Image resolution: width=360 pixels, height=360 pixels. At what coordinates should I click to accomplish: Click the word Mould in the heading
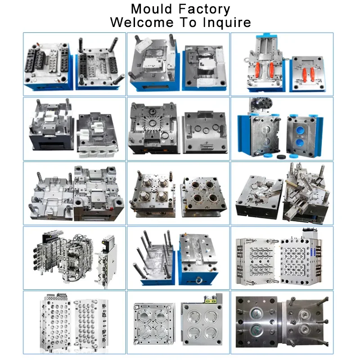pyautogui.click(x=151, y=9)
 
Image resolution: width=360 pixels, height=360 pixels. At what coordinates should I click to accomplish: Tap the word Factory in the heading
pyautogui.click(x=204, y=9)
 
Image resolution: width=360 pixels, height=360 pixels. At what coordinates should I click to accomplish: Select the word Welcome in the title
pyautogui.click(x=142, y=22)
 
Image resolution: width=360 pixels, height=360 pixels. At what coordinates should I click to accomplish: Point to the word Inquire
pyautogui.click(x=227, y=22)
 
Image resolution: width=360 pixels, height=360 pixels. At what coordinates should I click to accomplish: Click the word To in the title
pyautogui.click(x=188, y=22)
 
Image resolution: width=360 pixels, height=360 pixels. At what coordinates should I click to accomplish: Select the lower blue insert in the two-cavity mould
pyautogui.click(x=300, y=143)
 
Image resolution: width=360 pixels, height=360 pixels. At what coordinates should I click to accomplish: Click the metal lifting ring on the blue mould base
pyautogui.click(x=199, y=280)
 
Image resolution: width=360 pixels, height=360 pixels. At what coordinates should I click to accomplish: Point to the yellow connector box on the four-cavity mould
pyautogui.click(x=211, y=300)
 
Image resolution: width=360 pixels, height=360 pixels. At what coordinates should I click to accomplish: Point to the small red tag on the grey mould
pyautogui.click(x=111, y=209)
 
